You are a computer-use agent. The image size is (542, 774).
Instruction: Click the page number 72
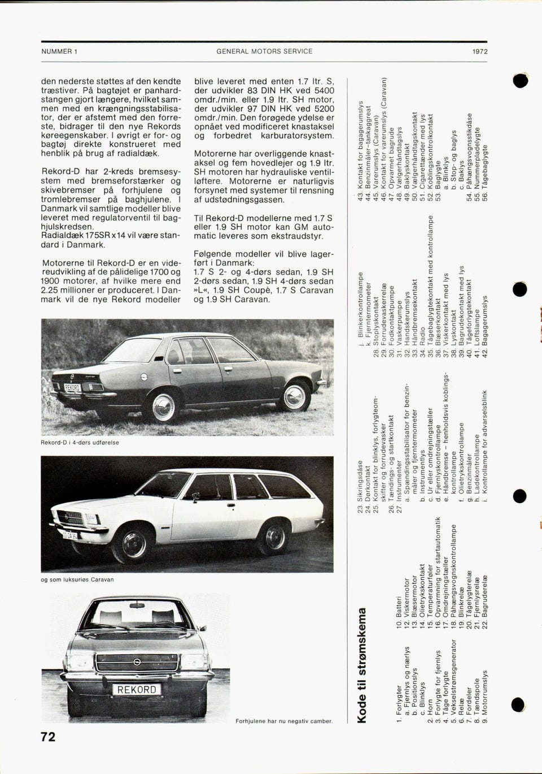click(x=48, y=737)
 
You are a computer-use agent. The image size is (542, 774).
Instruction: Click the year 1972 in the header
click(x=480, y=51)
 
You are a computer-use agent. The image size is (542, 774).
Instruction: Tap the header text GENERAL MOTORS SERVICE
click(x=264, y=51)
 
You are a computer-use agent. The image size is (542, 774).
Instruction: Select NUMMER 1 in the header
click(x=59, y=51)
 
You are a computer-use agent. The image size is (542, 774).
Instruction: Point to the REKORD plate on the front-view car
click(x=136, y=690)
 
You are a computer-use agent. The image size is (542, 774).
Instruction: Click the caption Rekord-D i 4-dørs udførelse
click(x=80, y=443)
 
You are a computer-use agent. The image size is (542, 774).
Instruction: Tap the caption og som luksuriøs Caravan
click(x=77, y=580)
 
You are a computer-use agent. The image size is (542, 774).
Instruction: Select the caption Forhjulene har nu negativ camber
click(x=284, y=721)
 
